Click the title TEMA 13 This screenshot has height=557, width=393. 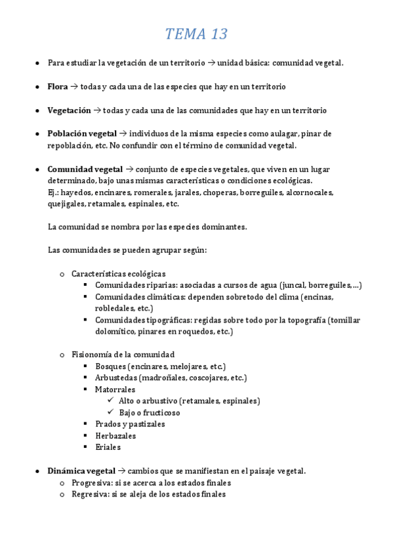click(196, 34)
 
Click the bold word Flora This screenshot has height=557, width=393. click(58, 87)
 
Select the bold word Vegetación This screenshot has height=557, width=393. click(69, 110)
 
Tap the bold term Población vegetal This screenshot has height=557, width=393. click(82, 133)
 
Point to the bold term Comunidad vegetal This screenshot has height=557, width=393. click(83, 169)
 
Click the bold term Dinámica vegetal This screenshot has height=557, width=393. click(81, 471)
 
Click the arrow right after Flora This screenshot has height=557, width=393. click(74, 87)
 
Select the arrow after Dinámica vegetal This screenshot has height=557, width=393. click(121, 471)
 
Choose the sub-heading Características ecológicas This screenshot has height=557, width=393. click(119, 273)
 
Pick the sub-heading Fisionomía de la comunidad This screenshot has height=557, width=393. click(123, 354)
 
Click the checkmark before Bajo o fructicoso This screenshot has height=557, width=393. click(110, 412)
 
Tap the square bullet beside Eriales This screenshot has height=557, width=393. click(86, 447)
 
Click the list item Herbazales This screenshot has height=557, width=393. click(115, 435)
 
